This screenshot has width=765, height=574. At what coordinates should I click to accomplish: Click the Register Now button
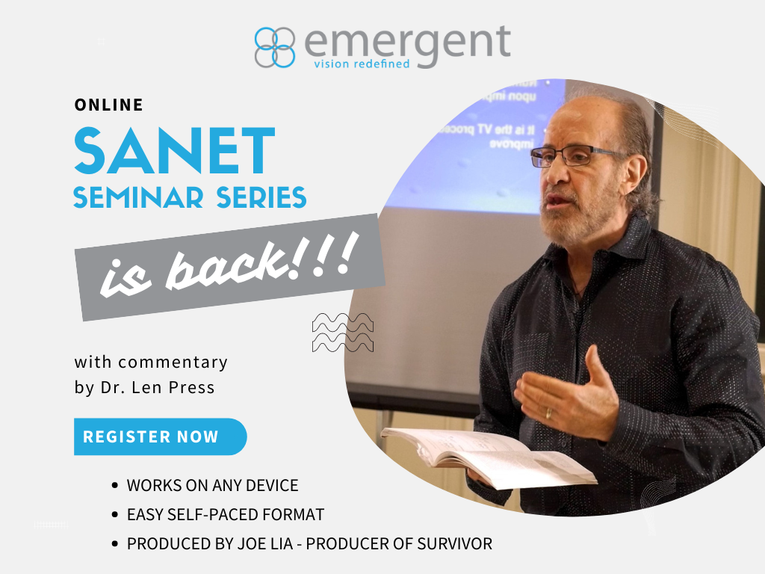(159, 436)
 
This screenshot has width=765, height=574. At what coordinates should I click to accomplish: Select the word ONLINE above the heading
(108, 105)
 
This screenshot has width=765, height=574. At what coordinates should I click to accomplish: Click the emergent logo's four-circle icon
(275, 47)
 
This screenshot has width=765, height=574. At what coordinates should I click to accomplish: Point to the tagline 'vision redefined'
(362, 64)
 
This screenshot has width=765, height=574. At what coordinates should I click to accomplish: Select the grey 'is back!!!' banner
(229, 268)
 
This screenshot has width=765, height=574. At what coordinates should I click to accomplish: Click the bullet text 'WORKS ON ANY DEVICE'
(212, 485)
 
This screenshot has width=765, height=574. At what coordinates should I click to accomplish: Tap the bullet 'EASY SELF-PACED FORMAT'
(226, 514)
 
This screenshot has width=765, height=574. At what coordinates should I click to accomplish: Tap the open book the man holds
(486, 454)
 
